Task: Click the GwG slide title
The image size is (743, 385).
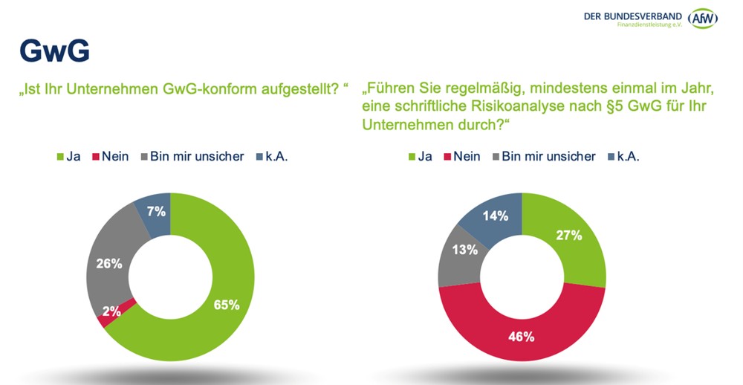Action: pos(54,51)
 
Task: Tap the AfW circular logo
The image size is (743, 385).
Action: pos(702,19)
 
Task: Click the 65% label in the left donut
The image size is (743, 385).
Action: pos(227,304)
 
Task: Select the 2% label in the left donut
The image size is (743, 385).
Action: pos(111,311)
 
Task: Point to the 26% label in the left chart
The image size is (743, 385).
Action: pos(109,263)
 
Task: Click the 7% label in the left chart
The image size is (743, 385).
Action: pos(155,212)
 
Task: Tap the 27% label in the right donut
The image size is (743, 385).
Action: pos(569,235)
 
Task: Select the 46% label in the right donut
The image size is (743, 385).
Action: pos(522,336)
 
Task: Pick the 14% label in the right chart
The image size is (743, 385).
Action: pos(496,216)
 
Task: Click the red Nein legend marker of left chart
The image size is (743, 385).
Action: pos(96,157)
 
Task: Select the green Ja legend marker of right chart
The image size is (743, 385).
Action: pos(412,157)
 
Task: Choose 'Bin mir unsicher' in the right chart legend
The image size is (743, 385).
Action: pos(548,156)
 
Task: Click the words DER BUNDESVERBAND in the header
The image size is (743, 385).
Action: pos(634,15)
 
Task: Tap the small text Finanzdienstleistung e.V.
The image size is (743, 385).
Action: pos(649,25)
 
